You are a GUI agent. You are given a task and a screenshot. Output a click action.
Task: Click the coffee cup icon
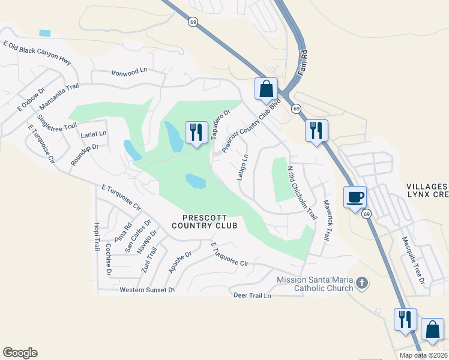(355, 197)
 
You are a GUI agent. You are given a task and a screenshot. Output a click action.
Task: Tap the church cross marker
(361, 282)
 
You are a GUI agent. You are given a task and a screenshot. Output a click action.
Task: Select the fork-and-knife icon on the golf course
(196, 132)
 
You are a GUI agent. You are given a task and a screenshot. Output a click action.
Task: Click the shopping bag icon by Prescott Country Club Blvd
(267, 89)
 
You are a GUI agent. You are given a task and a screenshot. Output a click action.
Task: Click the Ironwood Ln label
(129, 73)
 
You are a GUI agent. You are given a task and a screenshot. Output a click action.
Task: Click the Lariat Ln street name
(93, 133)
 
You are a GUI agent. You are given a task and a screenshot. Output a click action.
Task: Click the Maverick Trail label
(327, 220)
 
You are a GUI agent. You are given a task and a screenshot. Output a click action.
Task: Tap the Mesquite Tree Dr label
(412, 260)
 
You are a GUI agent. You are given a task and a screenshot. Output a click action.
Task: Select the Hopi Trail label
(96, 236)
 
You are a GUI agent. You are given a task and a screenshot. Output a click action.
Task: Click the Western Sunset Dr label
(147, 290)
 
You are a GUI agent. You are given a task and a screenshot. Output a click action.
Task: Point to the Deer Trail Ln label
(252, 295)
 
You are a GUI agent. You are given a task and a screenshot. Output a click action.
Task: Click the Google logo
(20, 353)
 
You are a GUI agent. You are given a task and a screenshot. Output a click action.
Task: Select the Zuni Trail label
(148, 259)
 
